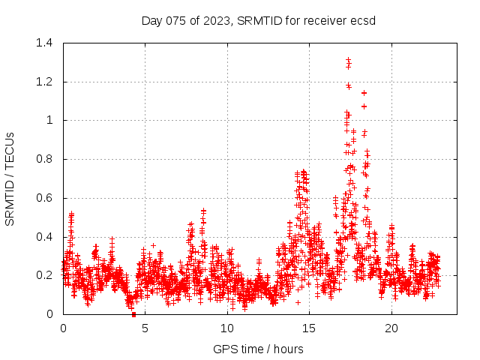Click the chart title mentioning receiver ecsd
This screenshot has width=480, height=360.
point(258,20)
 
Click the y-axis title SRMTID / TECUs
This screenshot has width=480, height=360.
point(10,178)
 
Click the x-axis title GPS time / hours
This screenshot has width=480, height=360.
point(258,349)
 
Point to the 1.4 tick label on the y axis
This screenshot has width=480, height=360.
point(46,43)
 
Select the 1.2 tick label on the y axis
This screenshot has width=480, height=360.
point(46,82)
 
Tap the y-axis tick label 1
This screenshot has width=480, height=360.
point(52,120)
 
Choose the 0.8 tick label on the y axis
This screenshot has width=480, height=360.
point(46,159)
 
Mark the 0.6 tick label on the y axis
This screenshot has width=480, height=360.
point(46,198)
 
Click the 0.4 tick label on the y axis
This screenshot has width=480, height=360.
point(46,237)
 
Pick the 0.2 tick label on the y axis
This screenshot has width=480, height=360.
point(46,275)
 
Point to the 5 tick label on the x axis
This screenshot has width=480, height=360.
point(145,328)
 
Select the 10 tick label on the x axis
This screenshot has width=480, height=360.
point(227,328)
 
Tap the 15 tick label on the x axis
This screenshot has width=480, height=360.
point(309,328)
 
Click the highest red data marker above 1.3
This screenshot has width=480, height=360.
point(348,59)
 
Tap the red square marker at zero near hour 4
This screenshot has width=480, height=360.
point(133,313)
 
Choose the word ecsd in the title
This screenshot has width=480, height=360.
point(363,20)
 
